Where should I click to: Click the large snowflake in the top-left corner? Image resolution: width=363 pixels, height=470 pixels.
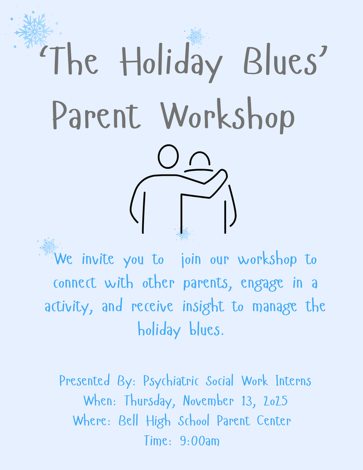coord(33,30)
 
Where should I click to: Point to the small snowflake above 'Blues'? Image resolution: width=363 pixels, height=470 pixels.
coord(195,36)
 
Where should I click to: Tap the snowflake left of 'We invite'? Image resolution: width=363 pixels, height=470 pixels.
coord(48,246)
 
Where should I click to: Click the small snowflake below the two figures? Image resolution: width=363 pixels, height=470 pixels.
coord(183,234)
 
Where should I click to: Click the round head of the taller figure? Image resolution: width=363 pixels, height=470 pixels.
coord(168,156)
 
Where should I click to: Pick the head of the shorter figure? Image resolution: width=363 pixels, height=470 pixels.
coord(199,161)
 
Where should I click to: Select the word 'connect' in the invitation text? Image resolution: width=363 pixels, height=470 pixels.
coord(78,283)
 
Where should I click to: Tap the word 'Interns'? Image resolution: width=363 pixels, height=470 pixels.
coord(291,381)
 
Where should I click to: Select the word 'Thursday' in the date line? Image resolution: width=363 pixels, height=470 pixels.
coord(146,401)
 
